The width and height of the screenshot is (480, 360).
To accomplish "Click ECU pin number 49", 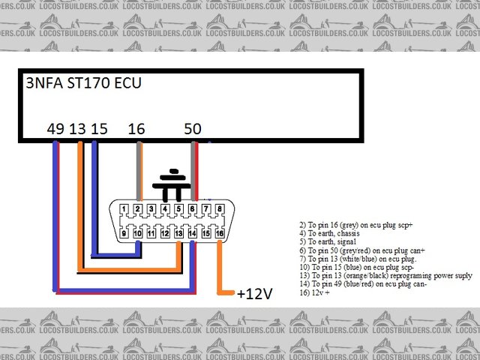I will click(x=55, y=129).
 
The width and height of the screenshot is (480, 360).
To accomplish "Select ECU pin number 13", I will click(x=76, y=129).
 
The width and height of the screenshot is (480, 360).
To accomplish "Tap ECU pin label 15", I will click(x=98, y=129).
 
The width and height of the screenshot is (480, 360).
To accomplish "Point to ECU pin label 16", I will click(x=136, y=129).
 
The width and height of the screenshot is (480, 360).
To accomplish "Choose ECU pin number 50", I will click(x=192, y=129).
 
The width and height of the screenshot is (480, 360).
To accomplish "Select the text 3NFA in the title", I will click(x=43, y=82).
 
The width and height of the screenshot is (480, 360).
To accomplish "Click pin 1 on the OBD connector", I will click(x=124, y=209).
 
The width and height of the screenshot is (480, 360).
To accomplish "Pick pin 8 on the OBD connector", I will click(x=220, y=209).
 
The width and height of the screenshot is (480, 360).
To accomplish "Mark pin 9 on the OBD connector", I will click(x=124, y=233).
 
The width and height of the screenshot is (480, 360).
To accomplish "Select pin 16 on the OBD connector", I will click(x=220, y=233).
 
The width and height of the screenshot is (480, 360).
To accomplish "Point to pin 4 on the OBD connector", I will click(x=165, y=209).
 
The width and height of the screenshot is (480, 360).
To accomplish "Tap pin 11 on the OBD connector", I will click(x=151, y=233).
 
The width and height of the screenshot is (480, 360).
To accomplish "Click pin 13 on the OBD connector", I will click(x=178, y=233).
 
